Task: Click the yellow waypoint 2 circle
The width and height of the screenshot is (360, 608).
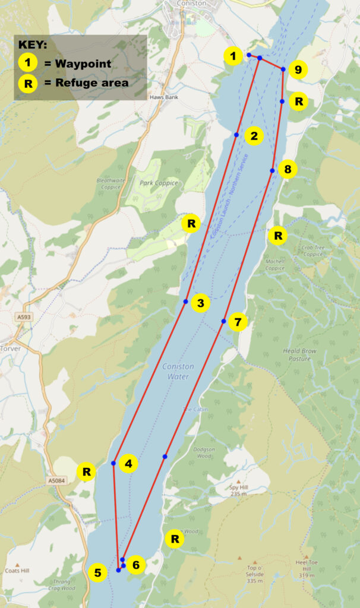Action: [254, 136]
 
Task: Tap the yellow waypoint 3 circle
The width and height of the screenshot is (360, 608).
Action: [200, 303]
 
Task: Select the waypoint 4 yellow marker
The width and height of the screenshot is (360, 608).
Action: [128, 463]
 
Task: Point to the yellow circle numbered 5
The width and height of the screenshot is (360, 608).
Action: [97, 573]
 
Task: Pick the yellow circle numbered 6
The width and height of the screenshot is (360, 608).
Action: [136, 565]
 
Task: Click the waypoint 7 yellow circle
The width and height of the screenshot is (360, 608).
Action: [238, 322]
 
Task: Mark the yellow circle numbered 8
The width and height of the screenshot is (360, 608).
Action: [288, 170]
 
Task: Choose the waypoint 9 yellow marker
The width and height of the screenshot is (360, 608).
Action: [298, 71]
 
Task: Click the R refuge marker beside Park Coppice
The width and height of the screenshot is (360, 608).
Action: [191, 224]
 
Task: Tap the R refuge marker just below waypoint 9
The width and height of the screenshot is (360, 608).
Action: [299, 102]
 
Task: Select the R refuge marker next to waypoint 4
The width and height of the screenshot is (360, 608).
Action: [87, 473]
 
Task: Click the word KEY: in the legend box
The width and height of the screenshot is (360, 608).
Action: [34, 45]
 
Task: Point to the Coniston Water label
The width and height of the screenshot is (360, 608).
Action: [178, 372]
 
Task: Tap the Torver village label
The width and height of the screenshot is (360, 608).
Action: [10, 349]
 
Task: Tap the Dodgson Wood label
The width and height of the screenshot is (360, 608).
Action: [204, 453]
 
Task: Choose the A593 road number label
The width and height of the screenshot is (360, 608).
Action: [24, 318]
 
